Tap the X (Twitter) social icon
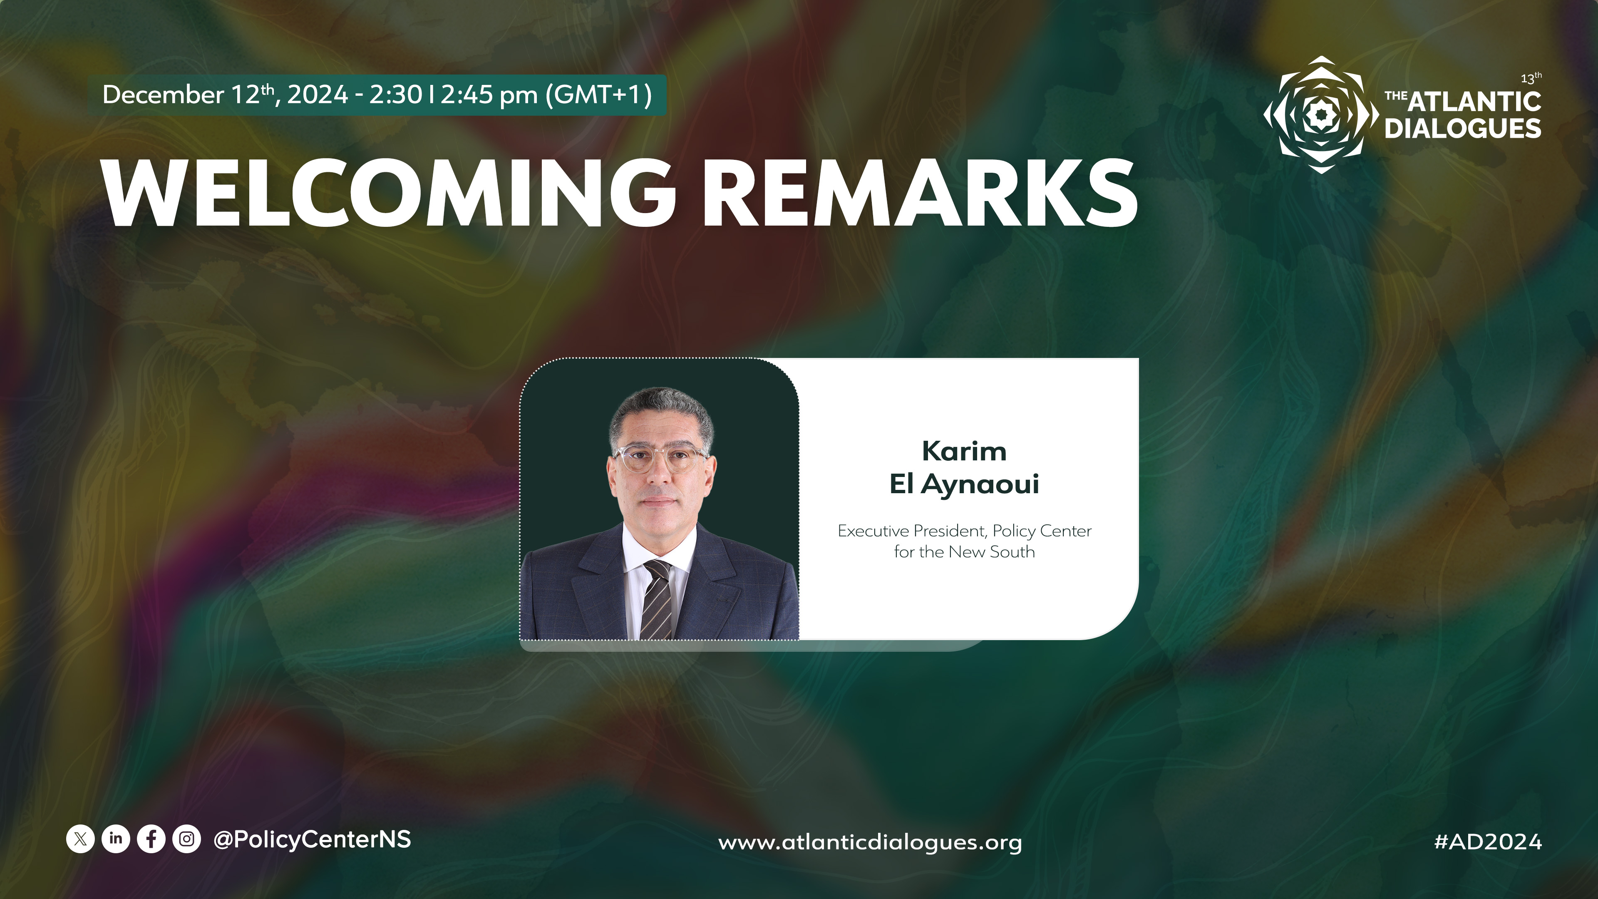pos(80,839)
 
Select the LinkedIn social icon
pos(115,839)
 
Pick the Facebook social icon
pos(151,839)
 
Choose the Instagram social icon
pos(186,839)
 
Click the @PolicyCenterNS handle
pos(312,839)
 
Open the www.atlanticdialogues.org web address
pos(870,842)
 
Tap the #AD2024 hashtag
pos(1488,842)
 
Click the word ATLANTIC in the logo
pos(1474,102)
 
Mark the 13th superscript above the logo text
pos(1531,78)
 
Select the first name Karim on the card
pos(964,451)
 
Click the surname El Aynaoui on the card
pos(964,484)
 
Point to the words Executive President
pos(911,531)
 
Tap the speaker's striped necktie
pos(656,599)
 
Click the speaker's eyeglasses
pos(660,459)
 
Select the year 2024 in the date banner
pos(317,95)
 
